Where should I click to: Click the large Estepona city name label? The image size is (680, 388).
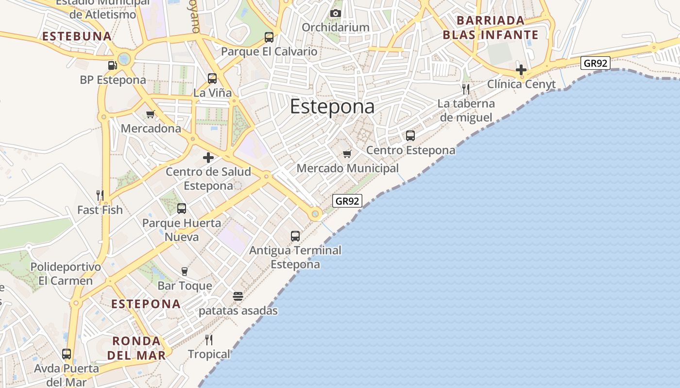pos(332,107)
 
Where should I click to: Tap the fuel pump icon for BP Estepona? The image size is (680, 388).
pos(112,65)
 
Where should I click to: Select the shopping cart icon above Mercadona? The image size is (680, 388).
pos(151,114)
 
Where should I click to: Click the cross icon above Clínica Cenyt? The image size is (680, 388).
pos(521,70)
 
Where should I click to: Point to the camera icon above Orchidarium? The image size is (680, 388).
pos(336,13)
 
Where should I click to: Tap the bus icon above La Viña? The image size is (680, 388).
pos(212,78)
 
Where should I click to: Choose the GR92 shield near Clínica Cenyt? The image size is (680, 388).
pos(595,63)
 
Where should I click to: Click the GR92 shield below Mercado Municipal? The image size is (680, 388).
pos(348,201)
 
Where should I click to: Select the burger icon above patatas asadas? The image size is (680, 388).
pos(238,296)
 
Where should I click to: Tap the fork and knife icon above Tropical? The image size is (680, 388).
pos(209,339)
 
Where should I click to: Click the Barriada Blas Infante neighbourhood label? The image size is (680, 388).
pos(491,28)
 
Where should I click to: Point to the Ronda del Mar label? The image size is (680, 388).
pos(136,348)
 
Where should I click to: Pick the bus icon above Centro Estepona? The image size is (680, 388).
pos(410,136)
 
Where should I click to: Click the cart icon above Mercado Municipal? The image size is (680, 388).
pos(347,154)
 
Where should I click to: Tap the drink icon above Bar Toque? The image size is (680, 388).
pos(185,271)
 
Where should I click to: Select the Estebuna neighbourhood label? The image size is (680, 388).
pos(77,36)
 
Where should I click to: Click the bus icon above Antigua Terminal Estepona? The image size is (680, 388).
pos(295,236)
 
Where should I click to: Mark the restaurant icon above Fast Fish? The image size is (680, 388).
pos(100,195)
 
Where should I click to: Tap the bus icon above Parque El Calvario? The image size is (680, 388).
pos(269,37)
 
